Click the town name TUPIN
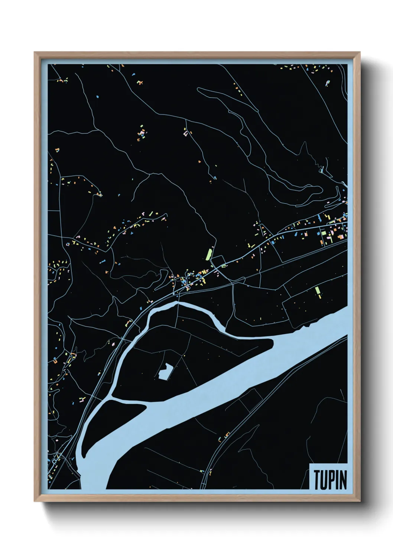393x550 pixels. click(x=330, y=480)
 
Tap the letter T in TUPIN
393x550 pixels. click(x=318, y=480)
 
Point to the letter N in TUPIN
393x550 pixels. click(x=343, y=480)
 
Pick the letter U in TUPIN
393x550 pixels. click(x=325, y=480)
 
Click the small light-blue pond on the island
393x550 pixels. click(x=164, y=371)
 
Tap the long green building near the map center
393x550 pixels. click(x=209, y=254)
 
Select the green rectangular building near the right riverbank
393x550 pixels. click(x=318, y=291)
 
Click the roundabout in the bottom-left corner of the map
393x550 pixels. click(x=55, y=461)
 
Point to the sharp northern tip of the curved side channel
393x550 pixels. click(x=178, y=303)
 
